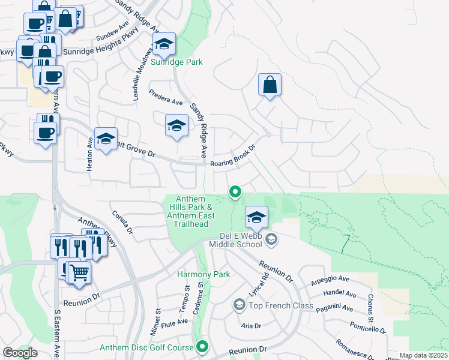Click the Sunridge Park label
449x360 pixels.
(176, 62)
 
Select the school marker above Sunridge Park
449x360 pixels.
(164, 44)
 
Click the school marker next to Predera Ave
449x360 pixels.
(176, 125)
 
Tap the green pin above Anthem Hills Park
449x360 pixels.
(236, 192)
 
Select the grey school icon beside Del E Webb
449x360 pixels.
(271, 240)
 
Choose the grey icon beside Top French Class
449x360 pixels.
(239, 306)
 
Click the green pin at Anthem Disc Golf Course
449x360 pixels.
(203, 346)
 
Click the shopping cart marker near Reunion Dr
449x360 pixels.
(79, 272)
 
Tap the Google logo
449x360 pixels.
(20, 352)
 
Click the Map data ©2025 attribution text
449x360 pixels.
(423, 356)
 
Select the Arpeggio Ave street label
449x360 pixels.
(330, 280)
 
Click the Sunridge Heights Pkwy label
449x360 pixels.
(97, 52)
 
